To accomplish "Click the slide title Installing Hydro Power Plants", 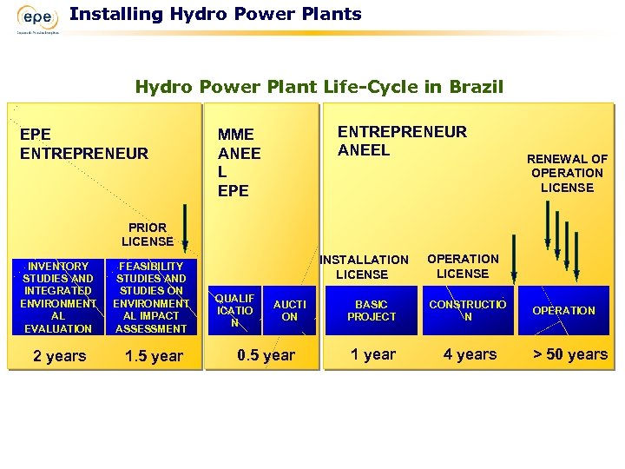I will pyautogui.click(x=215, y=14).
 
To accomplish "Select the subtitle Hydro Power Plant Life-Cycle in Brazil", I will pyautogui.click(x=319, y=87).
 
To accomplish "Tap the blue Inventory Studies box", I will pyautogui.click(x=58, y=297).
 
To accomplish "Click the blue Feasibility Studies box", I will pyautogui.click(x=151, y=297).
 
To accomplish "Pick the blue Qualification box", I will pyautogui.click(x=234, y=310).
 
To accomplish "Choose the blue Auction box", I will pyautogui.click(x=290, y=310).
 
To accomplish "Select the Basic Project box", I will pyautogui.click(x=371, y=310).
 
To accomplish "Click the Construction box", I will pyautogui.click(x=467, y=310).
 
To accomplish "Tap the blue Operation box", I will pyautogui.click(x=563, y=310).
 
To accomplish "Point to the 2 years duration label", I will pyautogui.click(x=59, y=356).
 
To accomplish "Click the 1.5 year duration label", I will pyautogui.click(x=154, y=356).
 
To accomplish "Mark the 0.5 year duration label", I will pyautogui.click(x=266, y=355).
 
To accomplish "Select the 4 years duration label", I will pyautogui.click(x=470, y=354).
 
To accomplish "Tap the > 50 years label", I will pyautogui.click(x=569, y=354).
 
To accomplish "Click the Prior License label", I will pyautogui.click(x=147, y=234).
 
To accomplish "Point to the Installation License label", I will pyautogui.click(x=364, y=267).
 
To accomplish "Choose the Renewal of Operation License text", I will pyautogui.click(x=567, y=173).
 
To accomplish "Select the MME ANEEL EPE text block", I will pyautogui.click(x=239, y=162).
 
